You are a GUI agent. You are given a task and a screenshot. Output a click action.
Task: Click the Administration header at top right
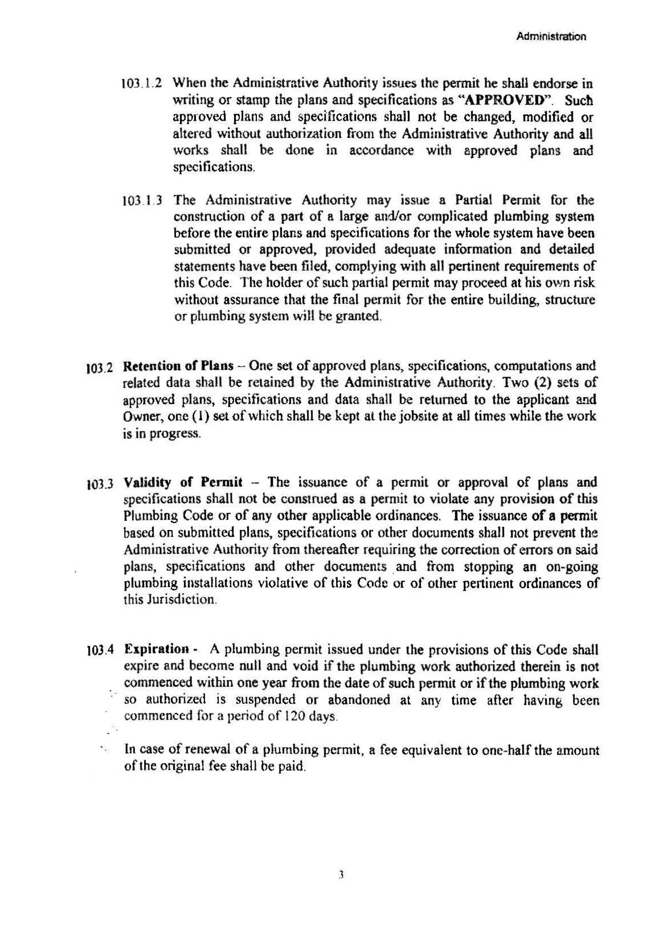551,36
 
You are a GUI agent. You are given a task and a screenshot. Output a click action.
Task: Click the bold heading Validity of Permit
183,482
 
